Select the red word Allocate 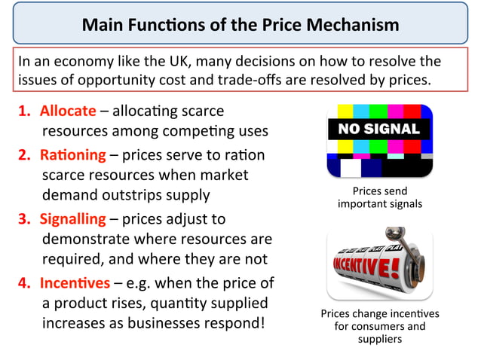pyautogui.click(x=67, y=111)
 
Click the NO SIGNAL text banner pyautogui.click(x=378, y=129)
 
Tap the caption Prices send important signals pyautogui.click(x=379, y=197)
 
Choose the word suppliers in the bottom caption pyautogui.click(x=379, y=339)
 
